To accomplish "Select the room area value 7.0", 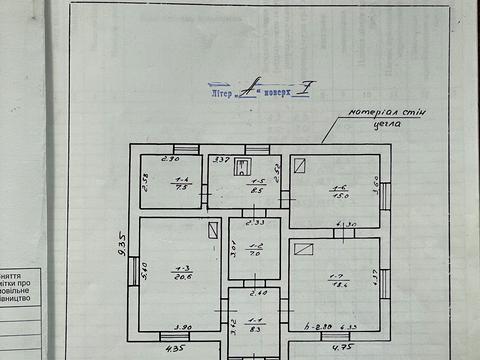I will tap(255, 256).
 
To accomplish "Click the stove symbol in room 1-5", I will tap(241, 168).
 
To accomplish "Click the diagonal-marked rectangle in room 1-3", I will tap(212, 231).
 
